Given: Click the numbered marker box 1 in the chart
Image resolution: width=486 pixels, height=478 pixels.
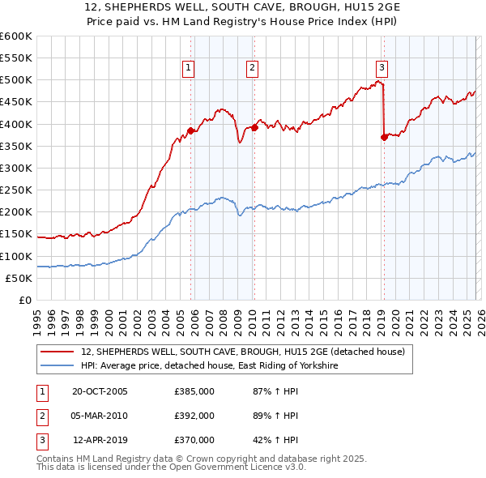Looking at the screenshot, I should [188, 69].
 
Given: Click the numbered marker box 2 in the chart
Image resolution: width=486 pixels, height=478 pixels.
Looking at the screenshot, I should [253, 69].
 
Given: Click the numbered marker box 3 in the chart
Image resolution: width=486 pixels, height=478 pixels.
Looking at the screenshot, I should [382, 69].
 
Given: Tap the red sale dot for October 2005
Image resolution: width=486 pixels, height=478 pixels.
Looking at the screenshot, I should [191, 130].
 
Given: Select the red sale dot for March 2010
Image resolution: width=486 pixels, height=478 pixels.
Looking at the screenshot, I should [254, 127].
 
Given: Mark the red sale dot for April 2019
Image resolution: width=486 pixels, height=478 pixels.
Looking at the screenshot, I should [384, 137].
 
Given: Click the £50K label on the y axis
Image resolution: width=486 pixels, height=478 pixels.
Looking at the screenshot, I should [19, 278].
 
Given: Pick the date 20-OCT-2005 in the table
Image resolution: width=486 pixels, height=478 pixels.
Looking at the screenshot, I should [100, 391].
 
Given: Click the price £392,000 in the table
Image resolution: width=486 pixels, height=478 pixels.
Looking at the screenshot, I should [194, 416].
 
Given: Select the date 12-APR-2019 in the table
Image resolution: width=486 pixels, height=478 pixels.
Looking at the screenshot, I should [100, 440].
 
